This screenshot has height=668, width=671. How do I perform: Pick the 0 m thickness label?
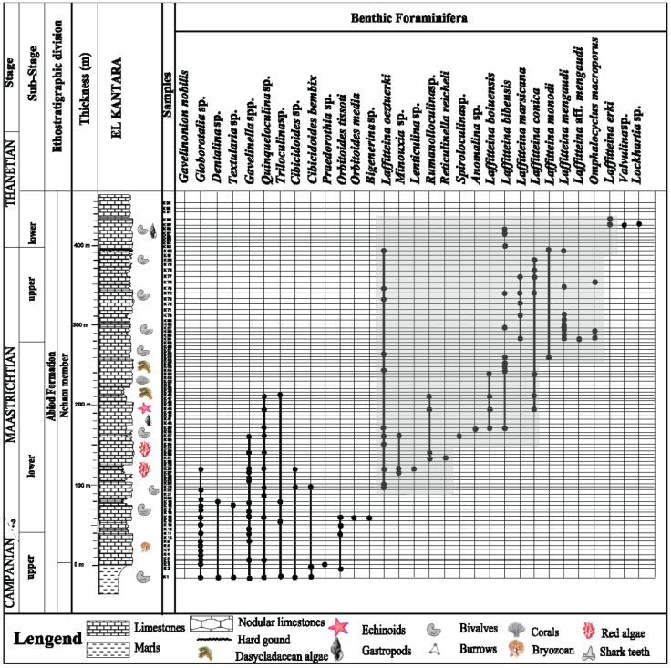tap(79, 565)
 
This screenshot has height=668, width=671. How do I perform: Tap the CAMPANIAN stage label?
tap(13, 565)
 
